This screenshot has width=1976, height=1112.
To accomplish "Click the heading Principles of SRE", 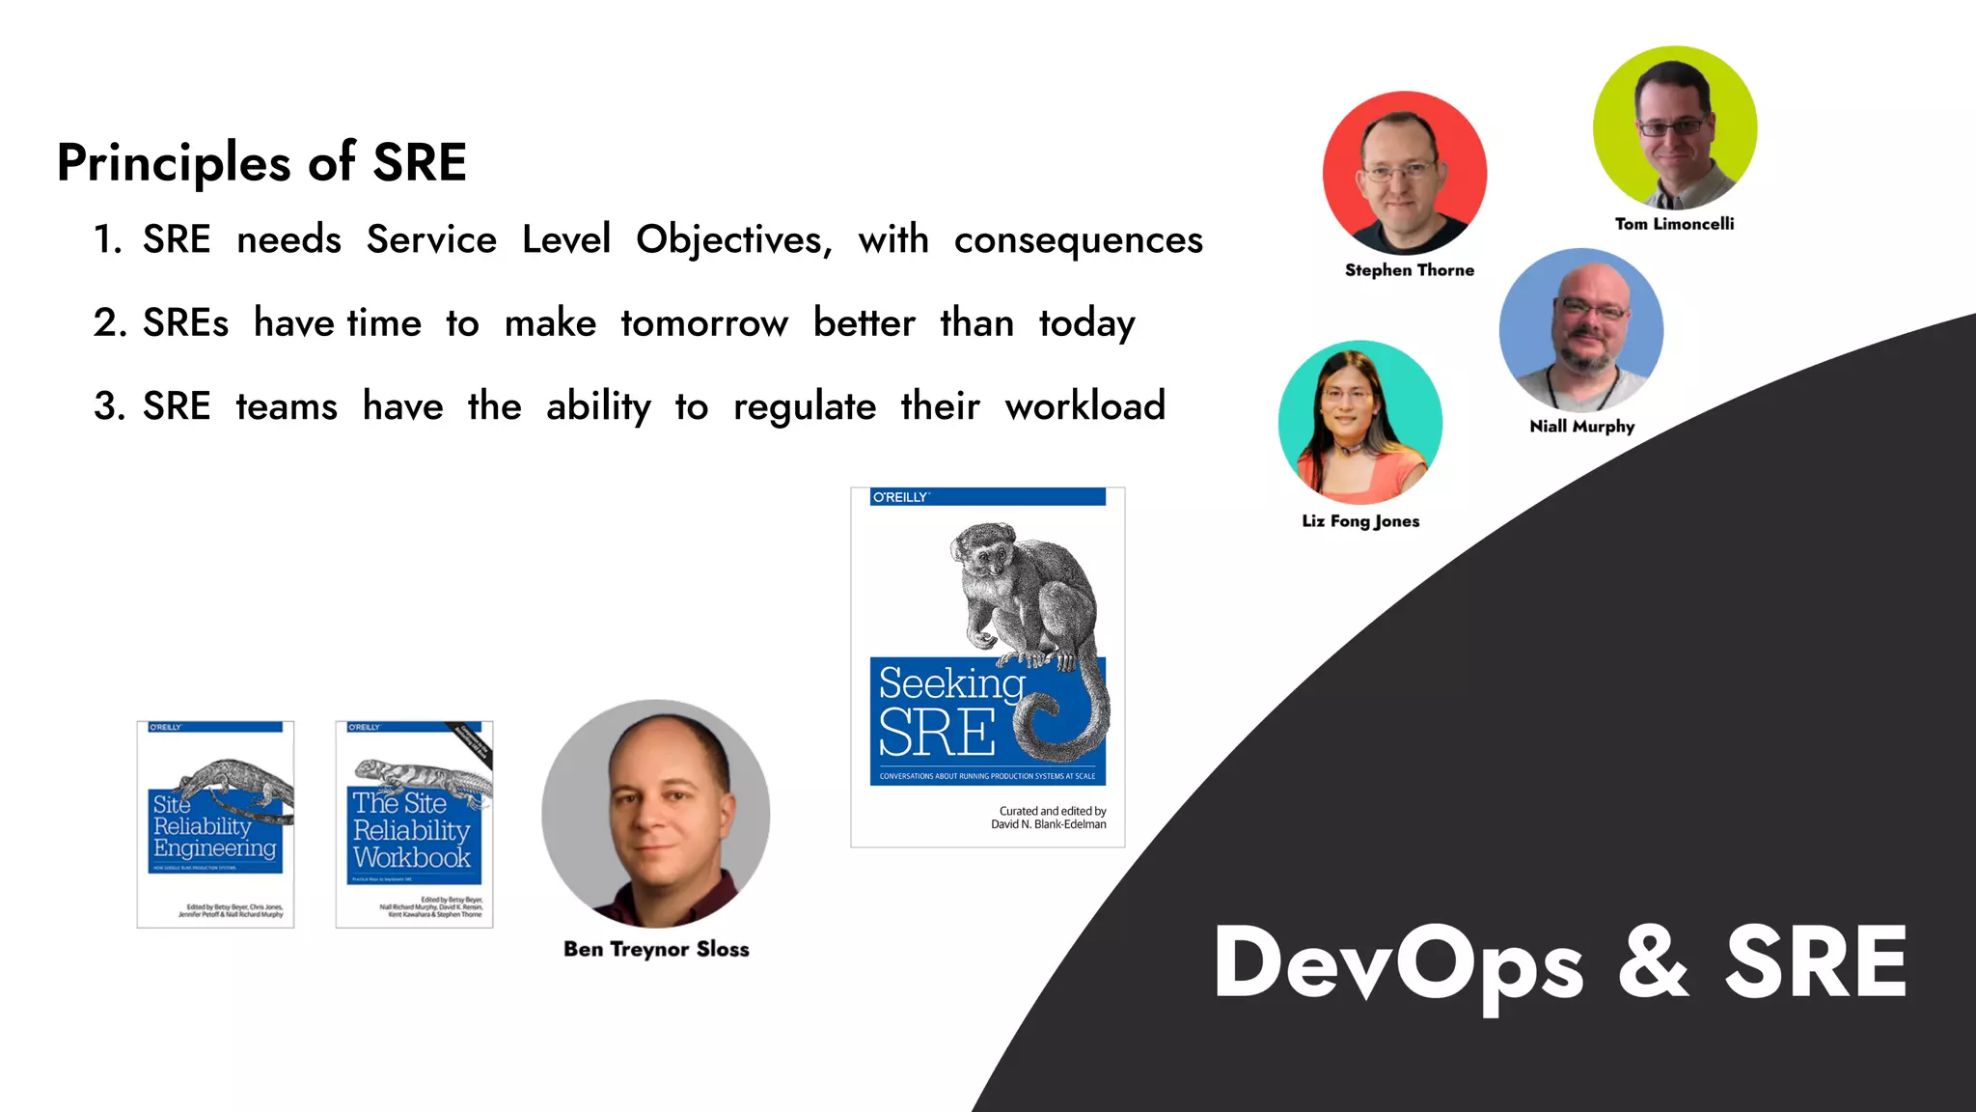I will coord(261,162).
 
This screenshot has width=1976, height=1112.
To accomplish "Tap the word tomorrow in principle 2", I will coord(704,323).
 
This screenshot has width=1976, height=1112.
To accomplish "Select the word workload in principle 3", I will coord(1084,406).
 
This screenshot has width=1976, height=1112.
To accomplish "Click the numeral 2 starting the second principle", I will coord(106,323).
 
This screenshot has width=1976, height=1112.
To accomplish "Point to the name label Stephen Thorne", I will coord(1409,270).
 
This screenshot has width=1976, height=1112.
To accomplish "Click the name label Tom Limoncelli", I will coord(1674,224).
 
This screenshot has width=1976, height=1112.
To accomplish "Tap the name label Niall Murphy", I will coord(1581,426).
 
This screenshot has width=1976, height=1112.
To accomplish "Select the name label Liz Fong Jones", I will coord(1360,521).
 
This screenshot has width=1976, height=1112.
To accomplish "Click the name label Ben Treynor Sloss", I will coord(656,949).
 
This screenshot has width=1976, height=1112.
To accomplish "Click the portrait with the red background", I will coord(1405,174).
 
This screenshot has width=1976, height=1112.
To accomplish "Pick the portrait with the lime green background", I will coord(1675,127).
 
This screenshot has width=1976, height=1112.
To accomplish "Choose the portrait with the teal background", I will coord(1360,422).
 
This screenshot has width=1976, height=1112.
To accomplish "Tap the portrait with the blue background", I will coord(1581,330).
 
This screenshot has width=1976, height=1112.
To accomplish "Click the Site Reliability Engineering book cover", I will coord(215,824).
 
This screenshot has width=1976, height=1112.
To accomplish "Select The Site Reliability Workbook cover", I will coord(414,824).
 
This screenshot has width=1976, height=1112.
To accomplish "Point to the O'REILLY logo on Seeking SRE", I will coord(900,497).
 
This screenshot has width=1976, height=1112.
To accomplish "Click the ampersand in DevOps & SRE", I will coord(1653,962).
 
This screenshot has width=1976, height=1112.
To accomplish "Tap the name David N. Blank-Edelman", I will coord(1048,824).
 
